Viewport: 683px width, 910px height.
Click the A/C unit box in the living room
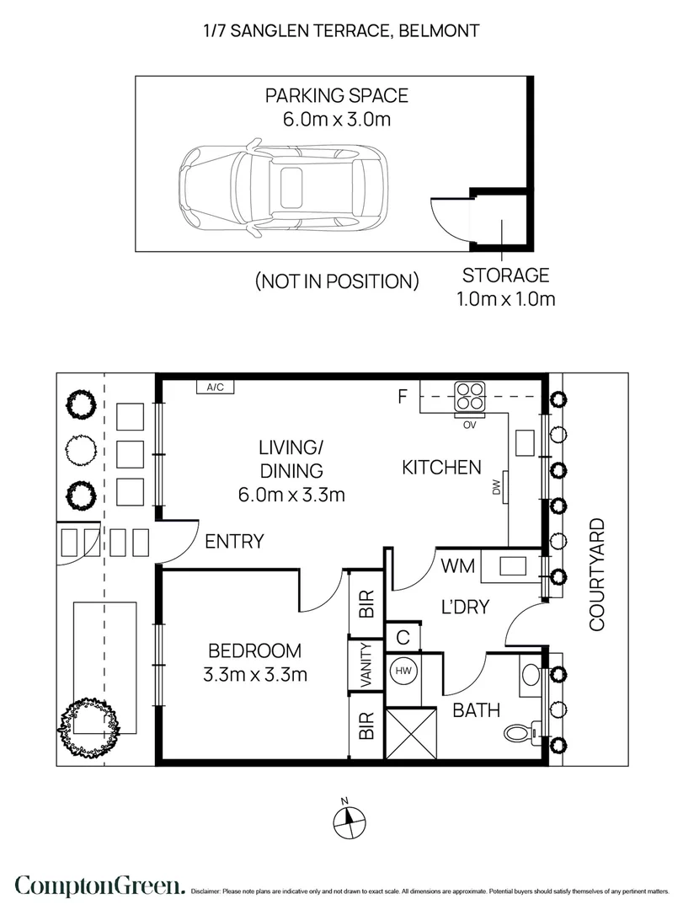click(215, 387)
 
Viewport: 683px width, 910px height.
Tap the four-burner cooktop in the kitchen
click(469, 396)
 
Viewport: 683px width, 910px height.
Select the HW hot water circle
click(403, 671)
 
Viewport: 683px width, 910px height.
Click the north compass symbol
click(349, 820)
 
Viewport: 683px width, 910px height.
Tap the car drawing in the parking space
click(283, 188)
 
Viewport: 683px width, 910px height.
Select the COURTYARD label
click(597, 575)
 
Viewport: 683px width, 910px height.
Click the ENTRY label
click(234, 542)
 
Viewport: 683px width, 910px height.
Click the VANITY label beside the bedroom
click(366, 665)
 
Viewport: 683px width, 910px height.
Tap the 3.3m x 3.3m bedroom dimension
click(254, 675)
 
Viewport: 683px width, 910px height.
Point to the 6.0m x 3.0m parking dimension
click(337, 120)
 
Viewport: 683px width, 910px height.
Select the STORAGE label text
click(505, 275)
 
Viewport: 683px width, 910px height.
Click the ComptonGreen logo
click(100, 886)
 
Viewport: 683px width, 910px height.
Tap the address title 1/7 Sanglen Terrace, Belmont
click(341, 31)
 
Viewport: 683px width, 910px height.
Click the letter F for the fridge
click(403, 396)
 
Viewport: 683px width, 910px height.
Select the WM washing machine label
click(458, 566)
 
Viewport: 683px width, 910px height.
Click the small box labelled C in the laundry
click(403, 637)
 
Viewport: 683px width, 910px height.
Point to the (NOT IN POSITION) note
click(337, 281)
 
